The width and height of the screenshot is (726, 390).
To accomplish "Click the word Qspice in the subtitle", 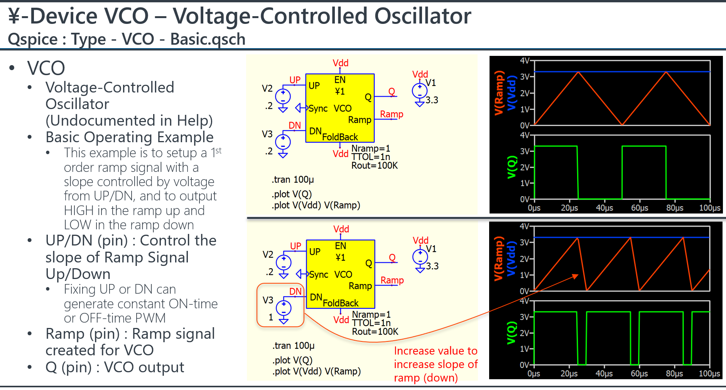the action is (32, 39).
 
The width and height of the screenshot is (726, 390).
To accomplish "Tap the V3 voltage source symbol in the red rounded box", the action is (284, 310).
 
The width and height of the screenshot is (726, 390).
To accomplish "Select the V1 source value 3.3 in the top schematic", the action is (432, 100).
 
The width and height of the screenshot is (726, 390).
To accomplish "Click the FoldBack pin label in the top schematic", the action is (340, 137).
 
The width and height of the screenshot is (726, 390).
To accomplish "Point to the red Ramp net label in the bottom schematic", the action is (392, 280).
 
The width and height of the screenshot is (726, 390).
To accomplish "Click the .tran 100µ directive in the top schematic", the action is (293, 180).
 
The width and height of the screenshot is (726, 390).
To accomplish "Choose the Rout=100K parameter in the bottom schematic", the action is (375, 332).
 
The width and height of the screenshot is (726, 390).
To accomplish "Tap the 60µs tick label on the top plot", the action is (640, 208).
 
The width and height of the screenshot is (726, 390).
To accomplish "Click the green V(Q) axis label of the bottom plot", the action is (512, 333).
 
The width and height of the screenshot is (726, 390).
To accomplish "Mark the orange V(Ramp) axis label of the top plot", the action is (499, 93).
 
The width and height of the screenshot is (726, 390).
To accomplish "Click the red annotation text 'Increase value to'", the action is (436, 351).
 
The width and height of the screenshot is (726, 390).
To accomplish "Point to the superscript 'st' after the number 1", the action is (219, 150).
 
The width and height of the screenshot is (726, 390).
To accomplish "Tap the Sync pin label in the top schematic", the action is (318, 109).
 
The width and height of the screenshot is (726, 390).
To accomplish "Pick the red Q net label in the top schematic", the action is (392, 92).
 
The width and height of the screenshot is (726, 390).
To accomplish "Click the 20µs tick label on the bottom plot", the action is (569, 374).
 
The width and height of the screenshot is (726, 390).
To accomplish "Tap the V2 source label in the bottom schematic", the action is (268, 255).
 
